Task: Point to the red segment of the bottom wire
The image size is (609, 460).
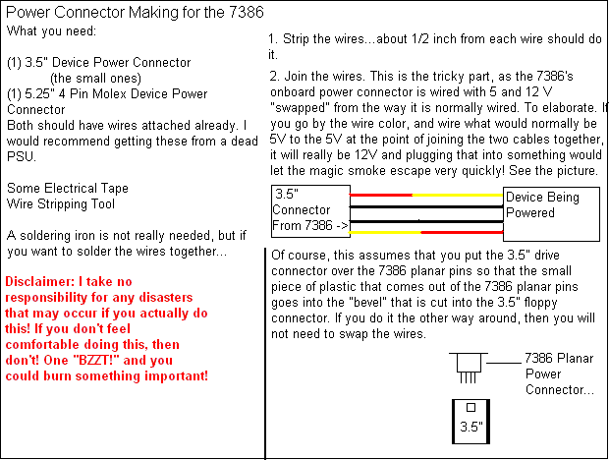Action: (x=462, y=232)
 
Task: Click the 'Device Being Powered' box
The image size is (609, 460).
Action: (x=552, y=205)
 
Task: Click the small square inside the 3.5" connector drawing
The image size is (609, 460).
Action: (x=471, y=407)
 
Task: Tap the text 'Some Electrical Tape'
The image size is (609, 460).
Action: (x=67, y=188)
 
